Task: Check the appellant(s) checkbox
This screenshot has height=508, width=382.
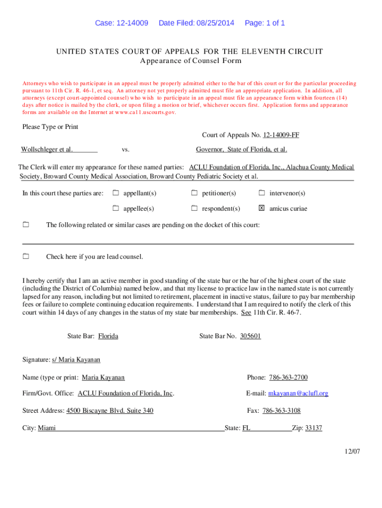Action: click(x=116, y=193)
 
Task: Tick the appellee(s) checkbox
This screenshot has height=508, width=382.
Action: click(x=116, y=208)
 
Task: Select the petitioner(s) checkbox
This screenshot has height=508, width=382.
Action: click(x=194, y=193)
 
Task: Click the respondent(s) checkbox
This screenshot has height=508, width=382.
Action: click(x=194, y=208)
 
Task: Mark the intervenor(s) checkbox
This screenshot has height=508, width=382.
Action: click(x=261, y=193)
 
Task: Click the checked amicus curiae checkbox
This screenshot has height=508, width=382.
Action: click(x=261, y=208)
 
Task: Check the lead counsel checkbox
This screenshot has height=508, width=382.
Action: click(x=26, y=256)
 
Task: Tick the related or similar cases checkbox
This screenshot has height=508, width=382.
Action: click(x=26, y=225)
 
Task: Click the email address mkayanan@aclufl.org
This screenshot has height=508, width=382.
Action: click(x=298, y=393)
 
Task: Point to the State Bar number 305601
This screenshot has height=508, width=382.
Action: click(x=251, y=336)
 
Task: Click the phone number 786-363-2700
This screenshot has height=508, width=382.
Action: click(x=288, y=378)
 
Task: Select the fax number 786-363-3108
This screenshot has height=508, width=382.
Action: click(x=281, y=411)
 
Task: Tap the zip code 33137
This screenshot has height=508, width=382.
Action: click(x=314, y=428)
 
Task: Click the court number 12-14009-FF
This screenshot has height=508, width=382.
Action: click(x=281, y=135)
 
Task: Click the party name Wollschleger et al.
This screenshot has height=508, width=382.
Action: click(x=47, y=149)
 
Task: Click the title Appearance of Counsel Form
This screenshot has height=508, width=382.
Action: click(x=191, y=61)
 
